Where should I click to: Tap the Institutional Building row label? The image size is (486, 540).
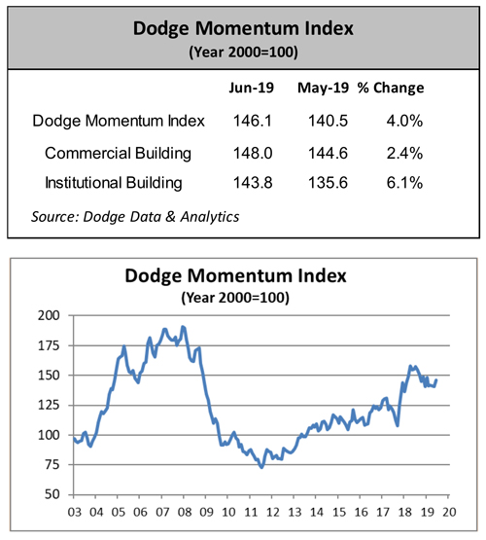coord(114,183)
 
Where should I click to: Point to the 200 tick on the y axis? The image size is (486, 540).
coord(49,316)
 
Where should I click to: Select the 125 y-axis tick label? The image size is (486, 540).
coord(49,406)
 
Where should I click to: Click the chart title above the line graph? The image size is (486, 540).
coord(243,275)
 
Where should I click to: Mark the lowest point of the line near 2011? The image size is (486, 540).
coord(261,467)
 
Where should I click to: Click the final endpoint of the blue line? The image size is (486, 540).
coord(435,379)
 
